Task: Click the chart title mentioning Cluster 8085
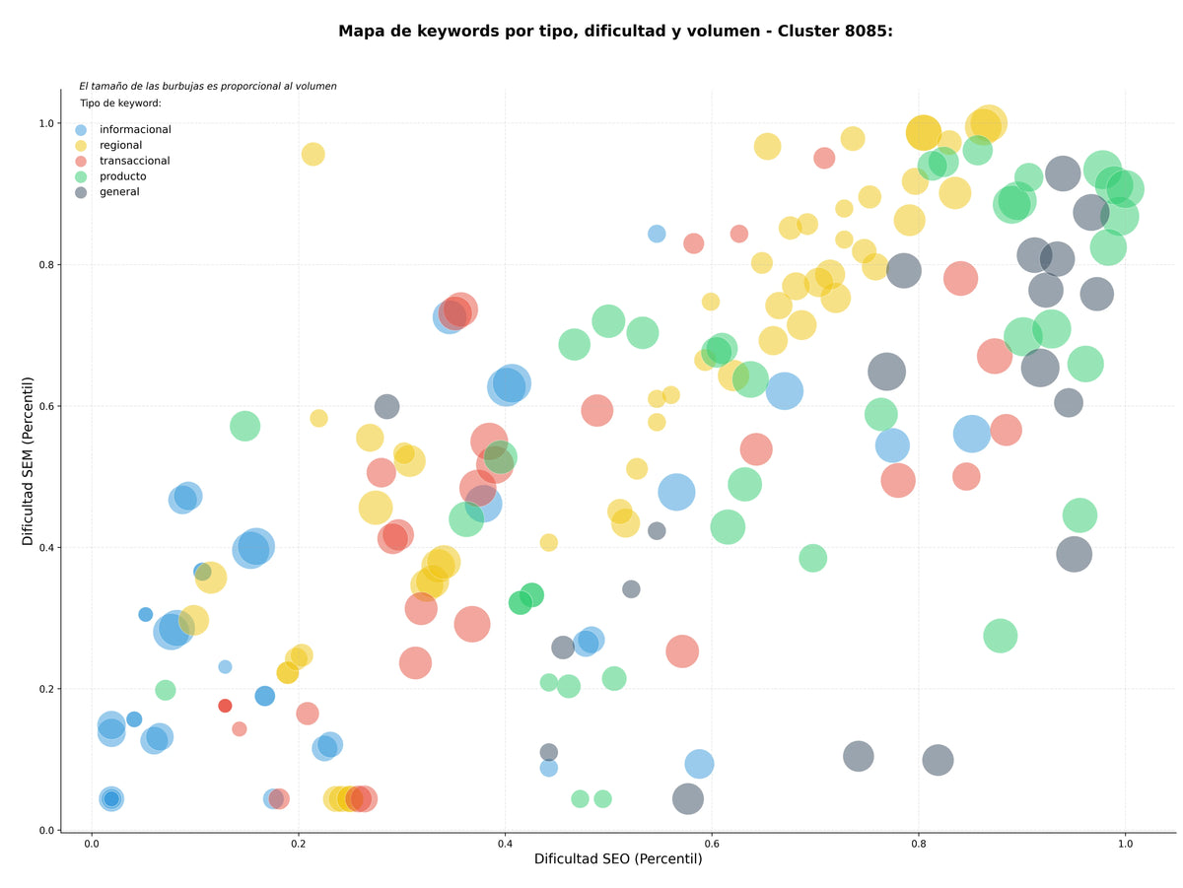[615, 32]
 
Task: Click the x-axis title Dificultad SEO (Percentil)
[618, 858]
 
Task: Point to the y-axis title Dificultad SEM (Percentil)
[28, 461]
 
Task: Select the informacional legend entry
[123, 129]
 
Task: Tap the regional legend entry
[108, 145]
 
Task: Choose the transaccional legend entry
[123, 161]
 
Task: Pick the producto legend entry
[111, 176]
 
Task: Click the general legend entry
[107, 192]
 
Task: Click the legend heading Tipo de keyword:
[120, 102]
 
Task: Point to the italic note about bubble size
[208, 86]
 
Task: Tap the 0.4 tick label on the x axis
[505, 844]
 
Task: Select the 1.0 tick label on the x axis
[1125, 844]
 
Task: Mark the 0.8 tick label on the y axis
[47, 264]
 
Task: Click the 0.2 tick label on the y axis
[47, 689]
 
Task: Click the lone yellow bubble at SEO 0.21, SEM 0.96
[313, 155]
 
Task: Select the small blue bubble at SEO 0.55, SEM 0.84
[656, 234]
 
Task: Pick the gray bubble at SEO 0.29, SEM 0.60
[386, 406]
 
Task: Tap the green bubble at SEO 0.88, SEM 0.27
[1000, 636]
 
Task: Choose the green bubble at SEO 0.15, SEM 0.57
[244, 426]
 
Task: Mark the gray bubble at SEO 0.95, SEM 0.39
[1074, 554]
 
